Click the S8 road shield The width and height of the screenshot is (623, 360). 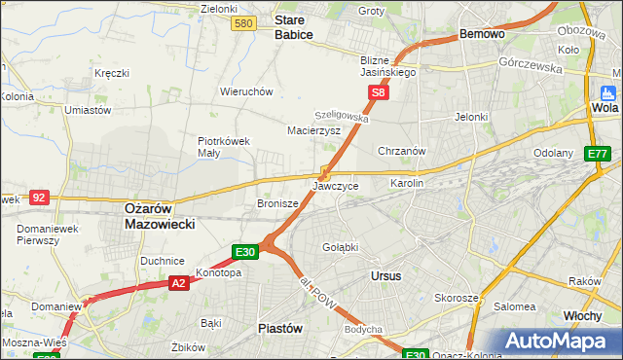(379, 93)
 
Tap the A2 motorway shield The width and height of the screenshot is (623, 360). (178, 283)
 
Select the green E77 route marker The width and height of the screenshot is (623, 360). (597, 155)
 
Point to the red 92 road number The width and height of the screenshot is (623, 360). (39, 197)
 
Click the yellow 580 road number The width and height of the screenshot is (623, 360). (245, 22)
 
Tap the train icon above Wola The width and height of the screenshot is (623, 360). (609, 93)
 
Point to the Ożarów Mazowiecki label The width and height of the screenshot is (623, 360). (161, 215)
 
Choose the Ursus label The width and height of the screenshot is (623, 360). (386, 275)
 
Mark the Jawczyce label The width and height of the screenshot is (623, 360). (336, 185)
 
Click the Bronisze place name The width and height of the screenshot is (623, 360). (276, 204)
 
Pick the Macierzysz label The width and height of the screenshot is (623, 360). (313, 129)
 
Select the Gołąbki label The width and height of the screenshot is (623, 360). (341, 247)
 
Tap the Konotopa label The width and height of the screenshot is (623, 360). (218, 272)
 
